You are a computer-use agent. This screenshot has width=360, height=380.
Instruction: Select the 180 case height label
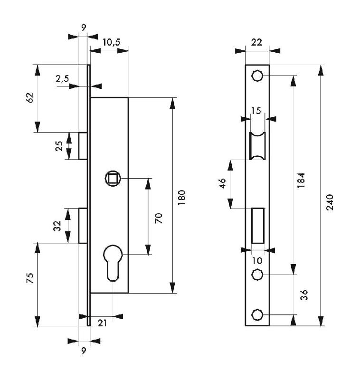coord(182,196)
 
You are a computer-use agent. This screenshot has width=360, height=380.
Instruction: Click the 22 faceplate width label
coord(256,42)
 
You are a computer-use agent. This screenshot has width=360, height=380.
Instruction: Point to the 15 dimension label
coord(256,111)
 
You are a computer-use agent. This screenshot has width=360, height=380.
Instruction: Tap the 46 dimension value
coord(222,184)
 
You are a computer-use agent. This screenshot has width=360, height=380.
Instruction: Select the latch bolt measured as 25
coord(83,146)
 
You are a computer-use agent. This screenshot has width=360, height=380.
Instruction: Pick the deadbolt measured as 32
coord(83,226)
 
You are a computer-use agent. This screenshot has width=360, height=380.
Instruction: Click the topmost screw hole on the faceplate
coord(257,76)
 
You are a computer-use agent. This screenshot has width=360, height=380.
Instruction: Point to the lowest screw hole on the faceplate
coord(257,314)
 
